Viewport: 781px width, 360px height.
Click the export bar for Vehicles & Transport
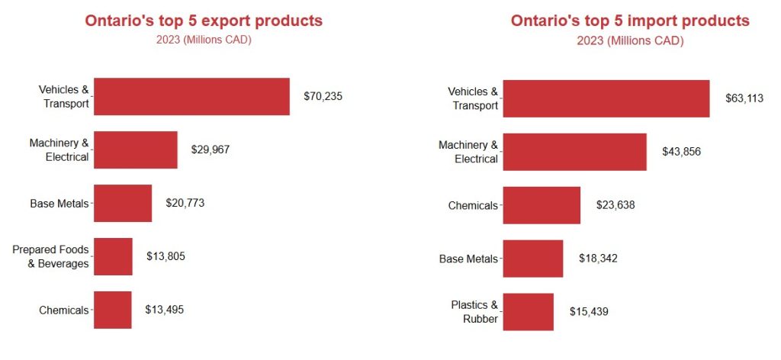tap(191, 96)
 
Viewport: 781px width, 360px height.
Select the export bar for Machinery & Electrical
tap(135, 149)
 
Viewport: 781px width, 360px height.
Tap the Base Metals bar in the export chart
tap(123, 203)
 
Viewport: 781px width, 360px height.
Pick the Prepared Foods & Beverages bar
tap(113, 256)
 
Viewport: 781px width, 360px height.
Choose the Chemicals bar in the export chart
tap(112, 310)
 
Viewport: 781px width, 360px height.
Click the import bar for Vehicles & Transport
tap(606, 98)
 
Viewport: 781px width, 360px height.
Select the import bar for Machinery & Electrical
tap(574, 152)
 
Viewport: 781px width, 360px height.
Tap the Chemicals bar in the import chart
tap(542, 205)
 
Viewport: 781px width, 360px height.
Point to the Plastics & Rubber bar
tap(528, 312)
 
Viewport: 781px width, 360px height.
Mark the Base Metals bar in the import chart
tap(533, 259)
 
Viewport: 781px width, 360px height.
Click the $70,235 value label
tap(323, 97)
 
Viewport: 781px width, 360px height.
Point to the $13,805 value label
tap(166, 256)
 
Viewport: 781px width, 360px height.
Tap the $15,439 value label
tap(589, 312)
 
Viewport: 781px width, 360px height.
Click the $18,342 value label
tap(597, 259)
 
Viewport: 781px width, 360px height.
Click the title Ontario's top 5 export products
tap(204, 21)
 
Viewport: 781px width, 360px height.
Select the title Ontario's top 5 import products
tap(630, 21)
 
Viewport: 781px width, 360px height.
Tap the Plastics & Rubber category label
tap(474, 312)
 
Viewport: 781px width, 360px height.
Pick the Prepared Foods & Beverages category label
tap(50, 256)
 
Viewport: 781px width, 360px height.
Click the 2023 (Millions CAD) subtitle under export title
tap(203, 40)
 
